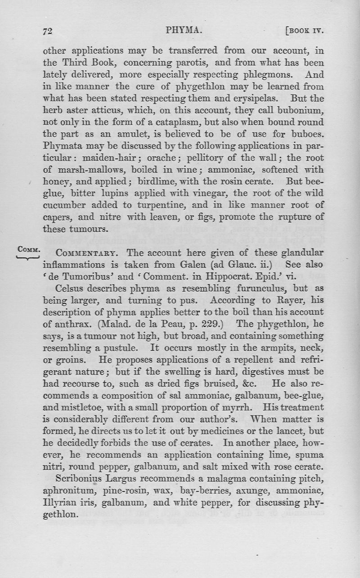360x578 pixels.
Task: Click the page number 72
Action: pos(48,31)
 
